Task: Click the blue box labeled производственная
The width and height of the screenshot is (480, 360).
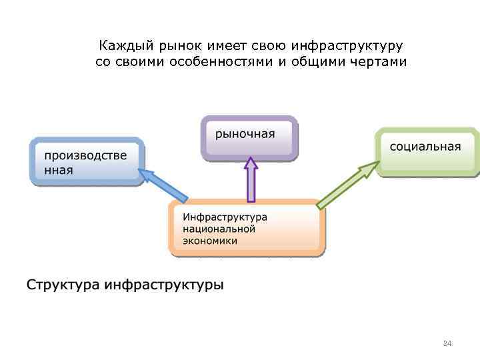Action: (87, 161)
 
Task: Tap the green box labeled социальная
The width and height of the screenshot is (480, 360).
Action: (427, 150)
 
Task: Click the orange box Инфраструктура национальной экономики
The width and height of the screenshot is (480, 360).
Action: (247, 228)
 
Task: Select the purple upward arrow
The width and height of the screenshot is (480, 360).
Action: (251, 179)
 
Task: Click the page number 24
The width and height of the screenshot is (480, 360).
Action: (447, 343)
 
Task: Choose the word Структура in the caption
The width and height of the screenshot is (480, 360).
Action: (63, 285)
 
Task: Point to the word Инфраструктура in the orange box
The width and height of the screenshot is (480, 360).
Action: (225, 217)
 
